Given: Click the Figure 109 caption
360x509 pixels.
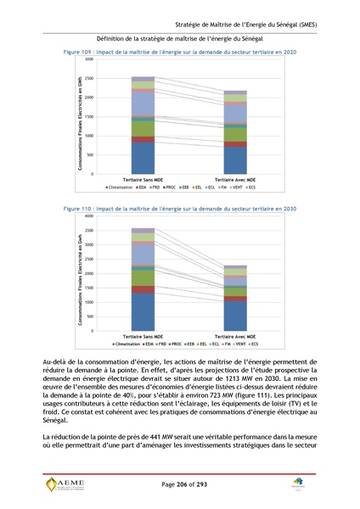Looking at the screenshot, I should tap(180, 53).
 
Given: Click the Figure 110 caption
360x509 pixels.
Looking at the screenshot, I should tap(180, 208).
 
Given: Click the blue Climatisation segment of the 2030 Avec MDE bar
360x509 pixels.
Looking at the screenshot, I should tap(234, 315).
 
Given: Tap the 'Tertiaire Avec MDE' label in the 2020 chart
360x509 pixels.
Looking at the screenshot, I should tap(235, 180).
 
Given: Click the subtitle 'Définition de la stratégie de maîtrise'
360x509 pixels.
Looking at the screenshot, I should tap(180, 39).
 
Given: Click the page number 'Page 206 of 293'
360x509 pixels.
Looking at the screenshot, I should tap(179, 484).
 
